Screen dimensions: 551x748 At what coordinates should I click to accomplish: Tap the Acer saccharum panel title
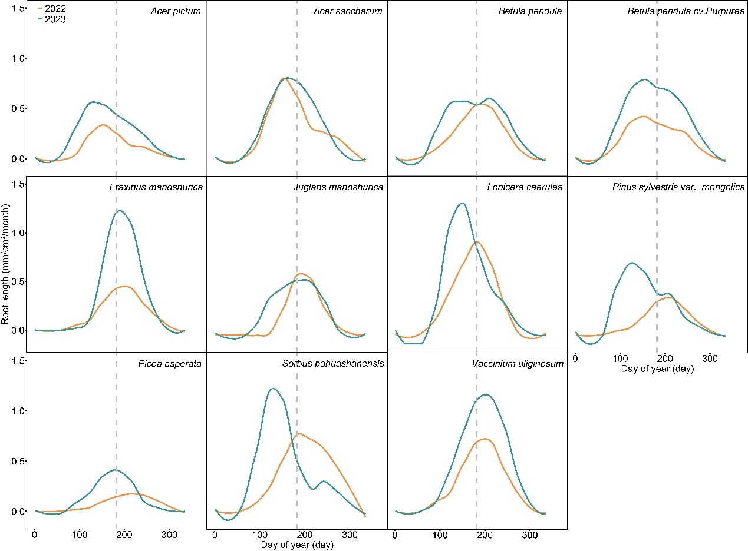pyautogui.click(x=349, y=12)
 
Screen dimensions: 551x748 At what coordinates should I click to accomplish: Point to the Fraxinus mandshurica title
pyautogui.click(x=156, y=187)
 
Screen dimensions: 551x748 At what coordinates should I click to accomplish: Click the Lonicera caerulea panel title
pyautogui.click(x=525, y=187)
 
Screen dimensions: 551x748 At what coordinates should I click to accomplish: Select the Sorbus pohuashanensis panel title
pyautogui.click(x=333, y=363)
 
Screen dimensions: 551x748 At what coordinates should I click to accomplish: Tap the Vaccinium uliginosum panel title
pyautogui.click(x=518, y=363)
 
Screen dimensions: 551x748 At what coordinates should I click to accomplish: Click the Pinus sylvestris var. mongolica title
pyautogui.click(x=677, y=187)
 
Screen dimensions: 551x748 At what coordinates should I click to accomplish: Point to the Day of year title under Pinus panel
pyautogui.click(x=657, y=369)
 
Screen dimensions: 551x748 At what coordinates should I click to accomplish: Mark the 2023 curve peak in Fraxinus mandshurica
pyautogui.click(x=120, y=210)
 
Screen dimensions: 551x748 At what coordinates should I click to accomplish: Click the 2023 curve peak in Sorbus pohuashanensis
pyautogui.click(x=272, y=389)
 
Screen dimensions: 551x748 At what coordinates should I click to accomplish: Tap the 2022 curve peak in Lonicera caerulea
pyautogui.click(x=477, y=242)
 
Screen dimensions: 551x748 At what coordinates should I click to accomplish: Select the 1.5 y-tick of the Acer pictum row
pyautogui.click(x=18, y=8)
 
